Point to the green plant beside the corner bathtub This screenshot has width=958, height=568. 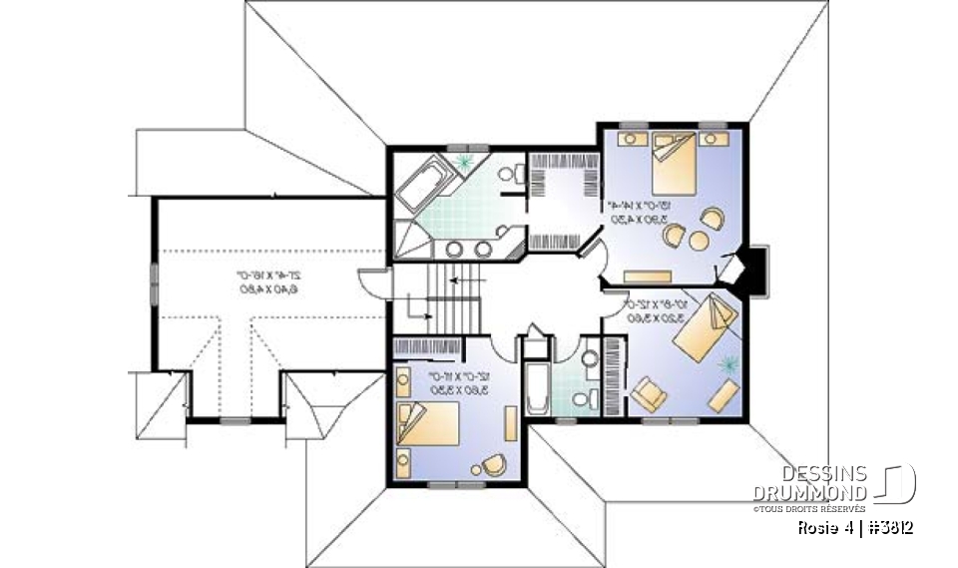(x=463, y=161)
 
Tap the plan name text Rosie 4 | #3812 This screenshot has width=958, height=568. (x=855, y=527)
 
